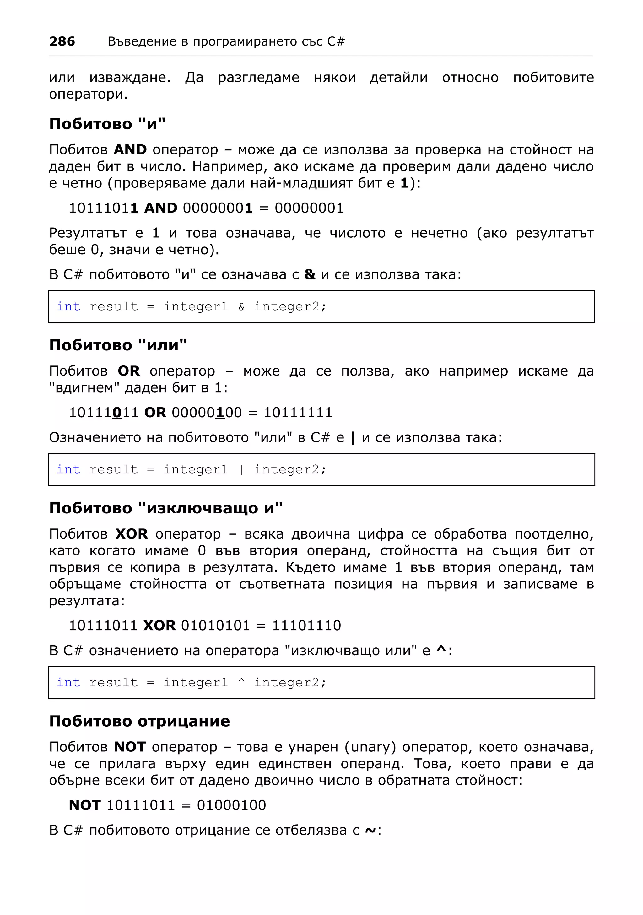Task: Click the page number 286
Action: [x=62, y=41]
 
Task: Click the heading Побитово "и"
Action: [x=107, y=124]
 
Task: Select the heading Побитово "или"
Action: [x=118, y=345]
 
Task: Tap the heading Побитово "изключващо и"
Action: [x=166, y=508]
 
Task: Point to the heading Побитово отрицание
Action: [x=139, y=721]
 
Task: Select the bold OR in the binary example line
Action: [x=155, y=413]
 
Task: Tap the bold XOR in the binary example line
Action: [x=159, y=626]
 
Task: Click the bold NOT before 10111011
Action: [x=84, y=805]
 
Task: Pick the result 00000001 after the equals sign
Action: [x=309, y=208]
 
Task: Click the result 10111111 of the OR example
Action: [x=298, y=413]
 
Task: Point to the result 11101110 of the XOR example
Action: [x=306, y=626]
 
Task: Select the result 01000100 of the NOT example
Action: [x=231, y=805]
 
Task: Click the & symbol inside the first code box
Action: [x=241, y=306]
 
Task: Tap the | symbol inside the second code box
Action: [x=241, y=469]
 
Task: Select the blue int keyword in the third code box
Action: [x=68, y=683]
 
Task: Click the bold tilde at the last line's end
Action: [x=370, y=831]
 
